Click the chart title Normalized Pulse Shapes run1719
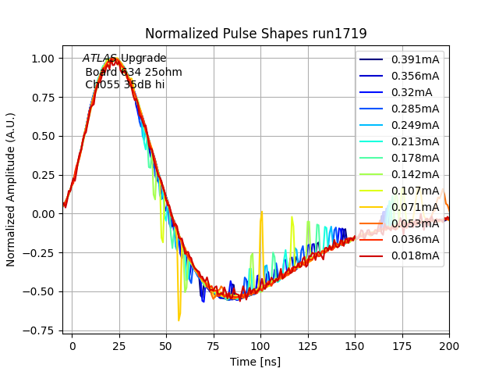(x=256, y=34)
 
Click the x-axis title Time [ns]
(x=256, y=362)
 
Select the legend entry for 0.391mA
(x=415, y=59)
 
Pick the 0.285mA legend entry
(x=415, y=109)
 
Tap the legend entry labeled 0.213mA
(x=415, y=141)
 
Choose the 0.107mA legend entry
(x=415, y=191)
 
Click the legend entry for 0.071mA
(x=415, y=207)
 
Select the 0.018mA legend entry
(x=415, y=255)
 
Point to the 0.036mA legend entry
(x=415, y=239)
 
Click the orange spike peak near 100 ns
(x=261, y=212)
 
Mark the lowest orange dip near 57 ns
(x=179, y=320)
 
